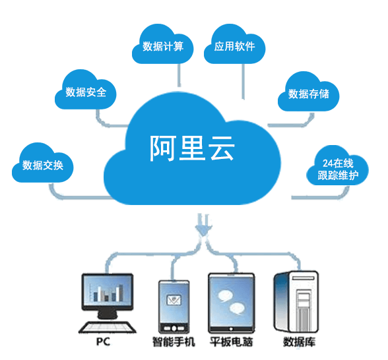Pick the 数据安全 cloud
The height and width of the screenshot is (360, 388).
pos(86,92)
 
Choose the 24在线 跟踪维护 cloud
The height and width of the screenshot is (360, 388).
pos(337,169)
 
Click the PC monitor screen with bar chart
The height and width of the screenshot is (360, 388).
pos(107,294)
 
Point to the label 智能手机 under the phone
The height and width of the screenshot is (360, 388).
pos(174,342)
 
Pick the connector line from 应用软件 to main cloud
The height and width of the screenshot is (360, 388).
pos(243,82)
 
